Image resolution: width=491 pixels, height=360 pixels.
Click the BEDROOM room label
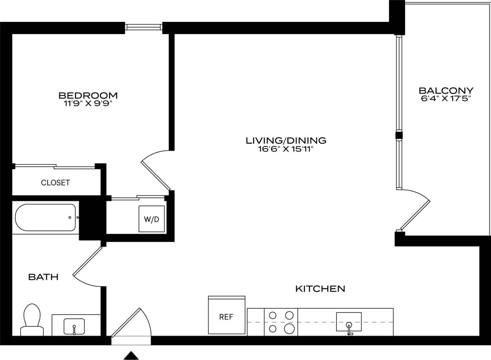(88, 95)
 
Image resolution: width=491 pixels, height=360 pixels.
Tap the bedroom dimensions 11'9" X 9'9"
(88, 103)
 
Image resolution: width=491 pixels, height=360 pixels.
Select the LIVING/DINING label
(286, 140)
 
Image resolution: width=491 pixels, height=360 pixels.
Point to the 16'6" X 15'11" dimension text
(286, 149)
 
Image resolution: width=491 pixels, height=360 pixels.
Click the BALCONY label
(446, 91)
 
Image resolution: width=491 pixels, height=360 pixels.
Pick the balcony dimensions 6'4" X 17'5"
(446, 98)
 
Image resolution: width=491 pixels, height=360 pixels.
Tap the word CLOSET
(55, 183)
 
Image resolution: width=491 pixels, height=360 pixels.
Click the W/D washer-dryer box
(152, 219)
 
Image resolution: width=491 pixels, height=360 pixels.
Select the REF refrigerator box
(226, 317)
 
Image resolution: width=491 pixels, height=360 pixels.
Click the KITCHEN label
(320, 289)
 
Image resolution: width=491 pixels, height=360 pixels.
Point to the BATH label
(43, 277)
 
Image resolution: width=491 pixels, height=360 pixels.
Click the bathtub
(45, 218)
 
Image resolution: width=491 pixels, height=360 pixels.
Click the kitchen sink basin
(349, 322)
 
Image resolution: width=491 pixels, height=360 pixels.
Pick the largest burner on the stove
(289, 329)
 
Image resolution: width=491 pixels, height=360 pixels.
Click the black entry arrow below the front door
(131, 355)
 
